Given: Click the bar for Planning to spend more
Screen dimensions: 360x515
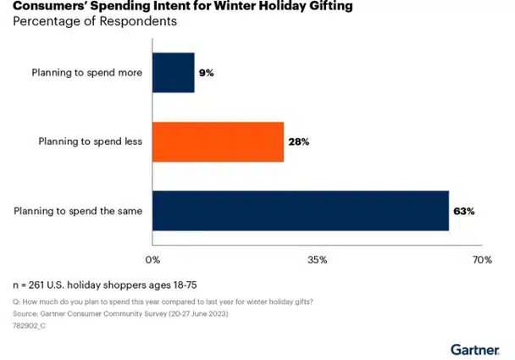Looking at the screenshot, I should [x=173, y=73].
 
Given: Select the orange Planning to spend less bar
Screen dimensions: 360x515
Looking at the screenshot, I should [x=218, y=141].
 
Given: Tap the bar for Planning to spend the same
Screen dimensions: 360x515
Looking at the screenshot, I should [x=300, y=210].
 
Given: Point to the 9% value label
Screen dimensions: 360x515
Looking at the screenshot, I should [x=207, y=73].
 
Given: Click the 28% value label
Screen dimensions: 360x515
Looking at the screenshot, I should [x=298, y=141].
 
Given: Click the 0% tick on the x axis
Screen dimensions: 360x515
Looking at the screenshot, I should [x=153, y=259].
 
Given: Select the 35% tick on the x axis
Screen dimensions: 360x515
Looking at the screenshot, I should [x=318, y=259].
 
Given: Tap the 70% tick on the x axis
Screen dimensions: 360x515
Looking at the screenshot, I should [x=481, y=259].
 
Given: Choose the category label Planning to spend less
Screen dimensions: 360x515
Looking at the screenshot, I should [x=90, y=141].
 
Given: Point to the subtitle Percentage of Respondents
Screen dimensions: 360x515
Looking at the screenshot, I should [x=94, y=21].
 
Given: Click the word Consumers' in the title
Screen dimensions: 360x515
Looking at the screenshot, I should [x=44, y=7].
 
